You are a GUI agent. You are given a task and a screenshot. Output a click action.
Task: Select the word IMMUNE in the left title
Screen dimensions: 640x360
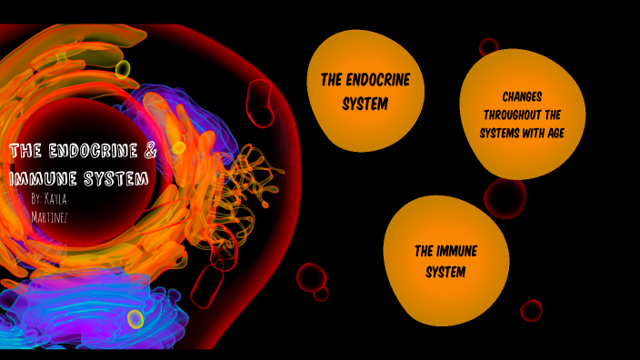point(42,178)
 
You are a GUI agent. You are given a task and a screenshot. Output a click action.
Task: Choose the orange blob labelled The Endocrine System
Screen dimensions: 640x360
point(365,92)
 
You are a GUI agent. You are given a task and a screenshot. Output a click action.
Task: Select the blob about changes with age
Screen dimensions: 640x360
point(522,115)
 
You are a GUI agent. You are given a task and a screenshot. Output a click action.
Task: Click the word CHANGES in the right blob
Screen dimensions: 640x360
point(522,96)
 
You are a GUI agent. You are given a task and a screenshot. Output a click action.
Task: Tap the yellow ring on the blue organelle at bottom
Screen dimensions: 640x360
point(135,319)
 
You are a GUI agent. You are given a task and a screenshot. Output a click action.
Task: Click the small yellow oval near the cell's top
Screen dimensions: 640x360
point(124,69)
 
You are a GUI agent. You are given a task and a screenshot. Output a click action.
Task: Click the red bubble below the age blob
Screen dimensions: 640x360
point(505,196)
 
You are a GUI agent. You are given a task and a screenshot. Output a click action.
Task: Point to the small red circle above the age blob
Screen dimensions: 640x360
point(489,46)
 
